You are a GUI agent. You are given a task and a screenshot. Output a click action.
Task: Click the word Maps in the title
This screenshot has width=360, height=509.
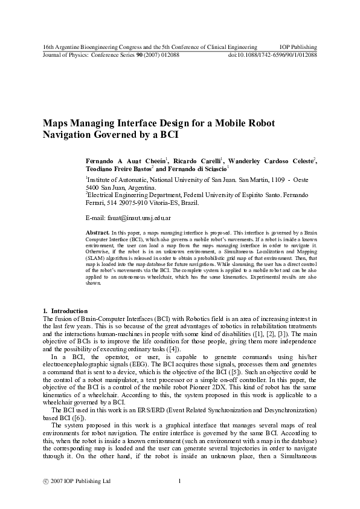coord(57,123)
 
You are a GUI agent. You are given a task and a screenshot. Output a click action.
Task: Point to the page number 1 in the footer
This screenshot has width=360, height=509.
coord(180,481)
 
